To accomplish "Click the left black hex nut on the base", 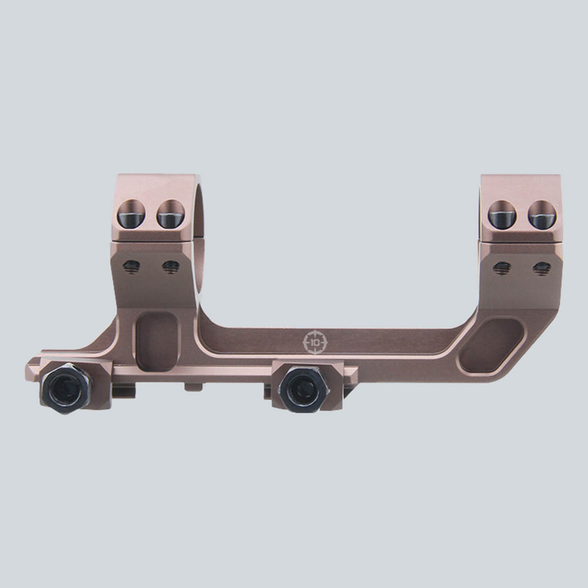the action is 67,388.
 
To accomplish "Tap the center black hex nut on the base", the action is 305,390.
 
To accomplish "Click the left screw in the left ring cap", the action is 131,214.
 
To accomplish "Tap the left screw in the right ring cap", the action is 502,215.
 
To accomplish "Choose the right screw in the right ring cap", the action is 542,215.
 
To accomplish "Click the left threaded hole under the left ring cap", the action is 131,267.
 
